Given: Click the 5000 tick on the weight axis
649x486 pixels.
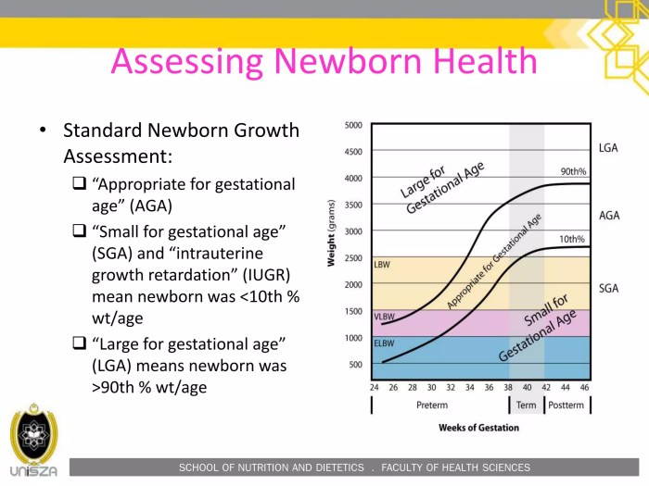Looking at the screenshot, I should [x=353, y=125].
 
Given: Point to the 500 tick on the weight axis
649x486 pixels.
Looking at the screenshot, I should [x=354, y=365].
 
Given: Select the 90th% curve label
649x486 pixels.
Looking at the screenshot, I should [x=573, y=172].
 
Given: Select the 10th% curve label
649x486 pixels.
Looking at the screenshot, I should [x=573, y=240].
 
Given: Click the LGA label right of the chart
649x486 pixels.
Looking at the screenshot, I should [x=609, y=148].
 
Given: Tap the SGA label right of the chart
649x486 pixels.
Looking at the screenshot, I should [x=609, y=289].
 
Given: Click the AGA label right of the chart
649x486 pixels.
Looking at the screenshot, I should [x=609, y=216].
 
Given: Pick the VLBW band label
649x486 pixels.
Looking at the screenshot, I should [x=385, y=317].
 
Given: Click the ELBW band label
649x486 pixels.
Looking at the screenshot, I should [x=384, y=343].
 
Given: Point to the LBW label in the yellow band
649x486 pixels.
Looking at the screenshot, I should [x=381, y=265].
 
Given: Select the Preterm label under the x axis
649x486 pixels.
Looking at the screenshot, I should [x=431, y=405].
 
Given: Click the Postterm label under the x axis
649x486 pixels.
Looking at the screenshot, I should [x=566, y=405].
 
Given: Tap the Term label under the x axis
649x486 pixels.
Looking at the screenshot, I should [x=526, y=405].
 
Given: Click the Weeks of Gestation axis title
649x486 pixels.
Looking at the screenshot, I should [x=478, y=428].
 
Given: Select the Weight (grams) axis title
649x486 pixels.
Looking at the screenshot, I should [x=331, y=232].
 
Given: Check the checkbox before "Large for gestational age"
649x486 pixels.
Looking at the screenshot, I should [x=80, y=343].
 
